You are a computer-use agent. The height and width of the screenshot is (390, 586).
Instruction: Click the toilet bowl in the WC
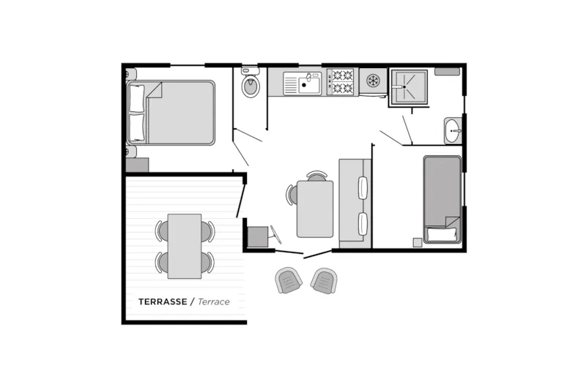click(x=251, y=86)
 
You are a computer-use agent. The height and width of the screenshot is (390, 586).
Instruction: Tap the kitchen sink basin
click(x=309, y=84)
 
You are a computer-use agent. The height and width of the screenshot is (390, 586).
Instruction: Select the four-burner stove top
click(x=343, y=82)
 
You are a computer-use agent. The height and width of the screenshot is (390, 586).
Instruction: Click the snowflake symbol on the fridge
click(x=373, y=81)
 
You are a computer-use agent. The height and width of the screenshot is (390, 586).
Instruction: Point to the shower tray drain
click(x=404, y=87)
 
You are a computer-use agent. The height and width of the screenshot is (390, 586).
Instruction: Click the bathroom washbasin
click(x=453, y=131)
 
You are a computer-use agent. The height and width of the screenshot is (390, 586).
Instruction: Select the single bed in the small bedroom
click(x=442, y=199)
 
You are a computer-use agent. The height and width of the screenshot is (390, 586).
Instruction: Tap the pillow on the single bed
click(x=442, y=234)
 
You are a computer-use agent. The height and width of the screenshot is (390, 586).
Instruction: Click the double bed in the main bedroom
click(x=171, y=113)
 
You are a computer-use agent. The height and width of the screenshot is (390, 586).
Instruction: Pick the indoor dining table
click(x=315, y=209)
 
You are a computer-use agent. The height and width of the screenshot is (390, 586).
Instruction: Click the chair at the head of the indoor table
click(x=317, y=176)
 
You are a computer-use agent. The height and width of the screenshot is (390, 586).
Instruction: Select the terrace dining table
click(x=185, y=247)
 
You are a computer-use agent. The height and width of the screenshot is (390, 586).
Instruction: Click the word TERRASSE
click(x=163, y=301)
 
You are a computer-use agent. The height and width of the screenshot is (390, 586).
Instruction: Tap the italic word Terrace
click(x=213, y=301)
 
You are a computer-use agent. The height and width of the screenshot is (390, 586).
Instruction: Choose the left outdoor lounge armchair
click(x=288, y=280)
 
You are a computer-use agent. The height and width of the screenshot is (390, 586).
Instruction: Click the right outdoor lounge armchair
click(x=324, y=281)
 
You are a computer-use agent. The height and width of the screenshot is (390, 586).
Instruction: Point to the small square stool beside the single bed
click(x=418, y=242)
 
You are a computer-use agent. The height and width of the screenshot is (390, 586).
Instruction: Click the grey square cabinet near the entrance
click(x=258, y=236)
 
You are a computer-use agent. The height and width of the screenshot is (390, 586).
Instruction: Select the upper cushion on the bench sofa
click(x=363, y=188)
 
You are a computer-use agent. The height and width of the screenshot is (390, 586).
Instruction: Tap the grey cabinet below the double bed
click(x=137, y=165)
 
